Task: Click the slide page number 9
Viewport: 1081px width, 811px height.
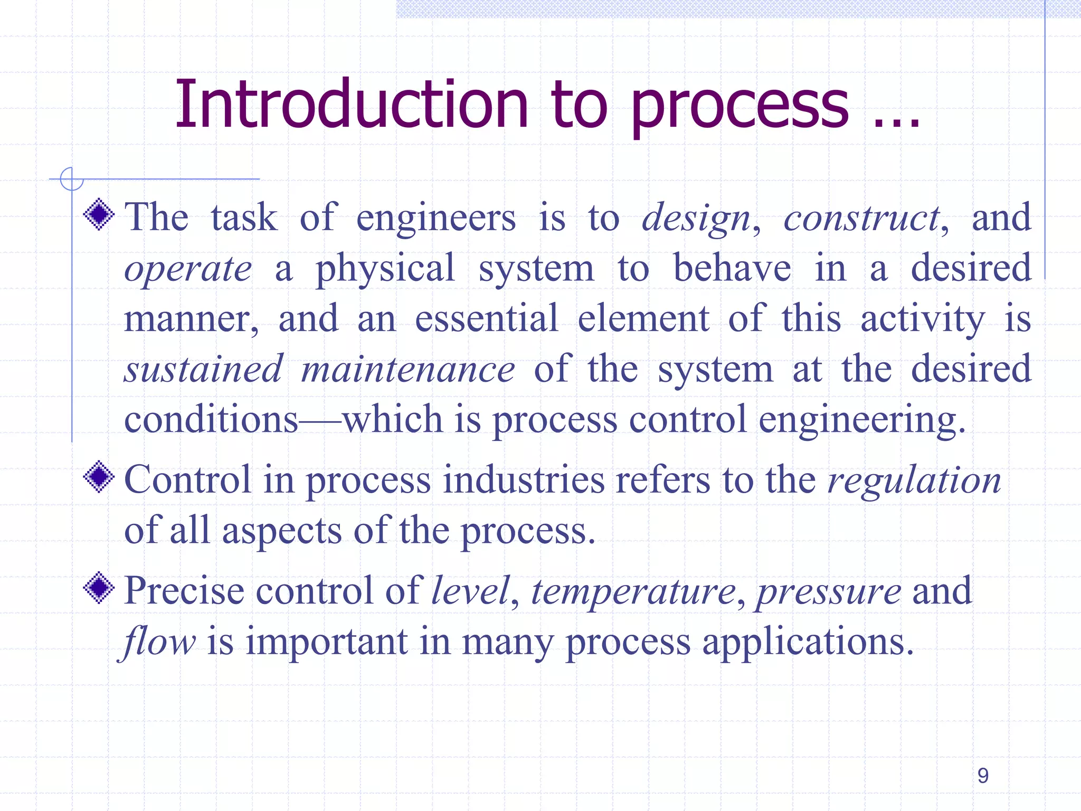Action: click(983, 776)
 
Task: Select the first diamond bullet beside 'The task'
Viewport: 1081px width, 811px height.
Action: click(99, 214)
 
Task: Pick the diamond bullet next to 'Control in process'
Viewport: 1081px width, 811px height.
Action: click(99, 477)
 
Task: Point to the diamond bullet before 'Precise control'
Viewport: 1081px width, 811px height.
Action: click(99, 588)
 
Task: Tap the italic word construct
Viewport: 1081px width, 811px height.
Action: click(861, 218)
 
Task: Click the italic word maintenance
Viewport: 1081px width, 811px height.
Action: click(407, 369)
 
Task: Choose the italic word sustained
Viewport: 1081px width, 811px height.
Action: click(203, 369)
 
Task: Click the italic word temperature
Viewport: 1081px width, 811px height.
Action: click(633, 591)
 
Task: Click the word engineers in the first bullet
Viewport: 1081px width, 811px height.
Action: click(436, 218)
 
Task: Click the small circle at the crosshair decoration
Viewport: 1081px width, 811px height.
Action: click(72, 178)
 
